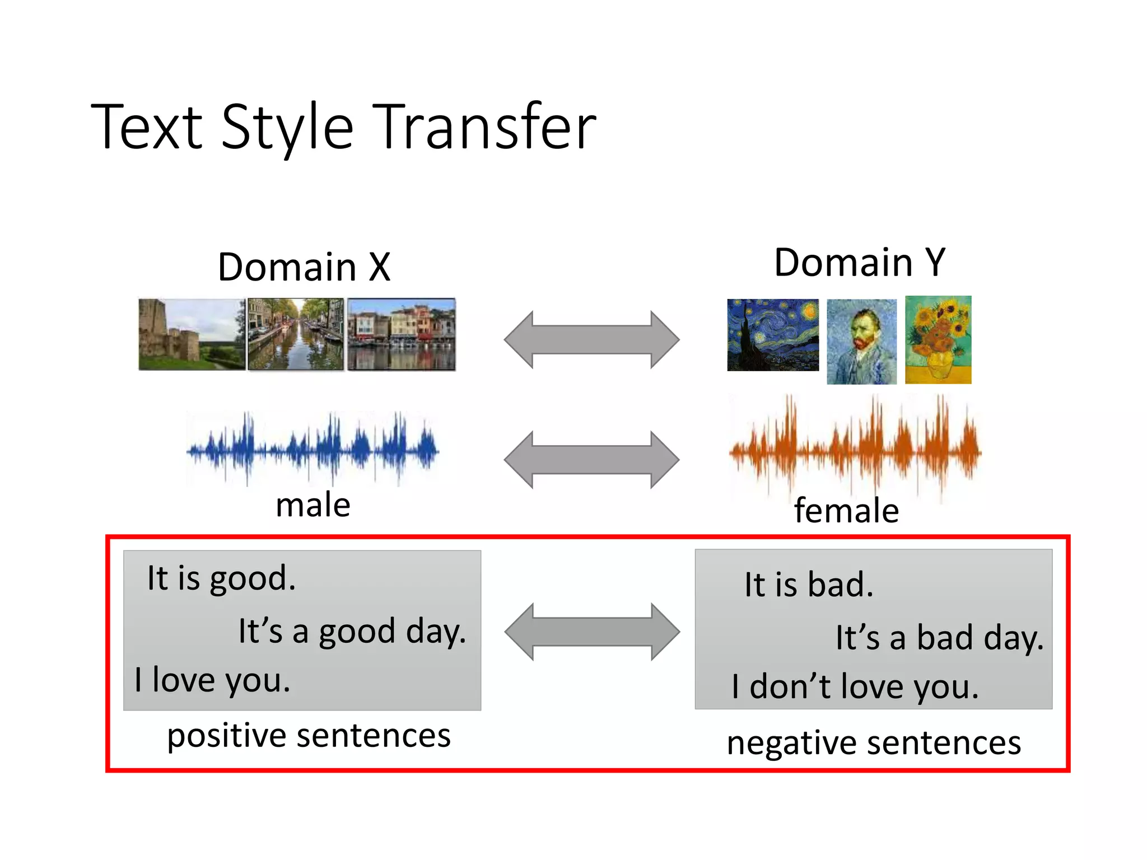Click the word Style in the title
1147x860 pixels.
tap(287, 128)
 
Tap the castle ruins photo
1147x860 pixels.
tap(192, 334)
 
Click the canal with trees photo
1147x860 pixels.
tap(296, 334)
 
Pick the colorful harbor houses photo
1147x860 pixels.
tap(402, 334)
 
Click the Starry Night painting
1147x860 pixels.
tap(773, 335)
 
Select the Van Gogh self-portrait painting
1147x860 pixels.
tap(861, 342)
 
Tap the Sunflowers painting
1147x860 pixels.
tap(938, 339)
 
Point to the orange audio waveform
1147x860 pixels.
tap(855, 448)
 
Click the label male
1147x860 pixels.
tap(313, 505)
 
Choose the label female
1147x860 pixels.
tap(846, 511)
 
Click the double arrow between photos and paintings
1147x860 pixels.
tap(591, 339)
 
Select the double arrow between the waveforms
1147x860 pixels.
tap(591, 460)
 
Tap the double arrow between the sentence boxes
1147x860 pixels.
tap(592, 632)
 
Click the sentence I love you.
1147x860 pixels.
tap(213, 680)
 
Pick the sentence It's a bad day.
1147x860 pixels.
tap(939, 638)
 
